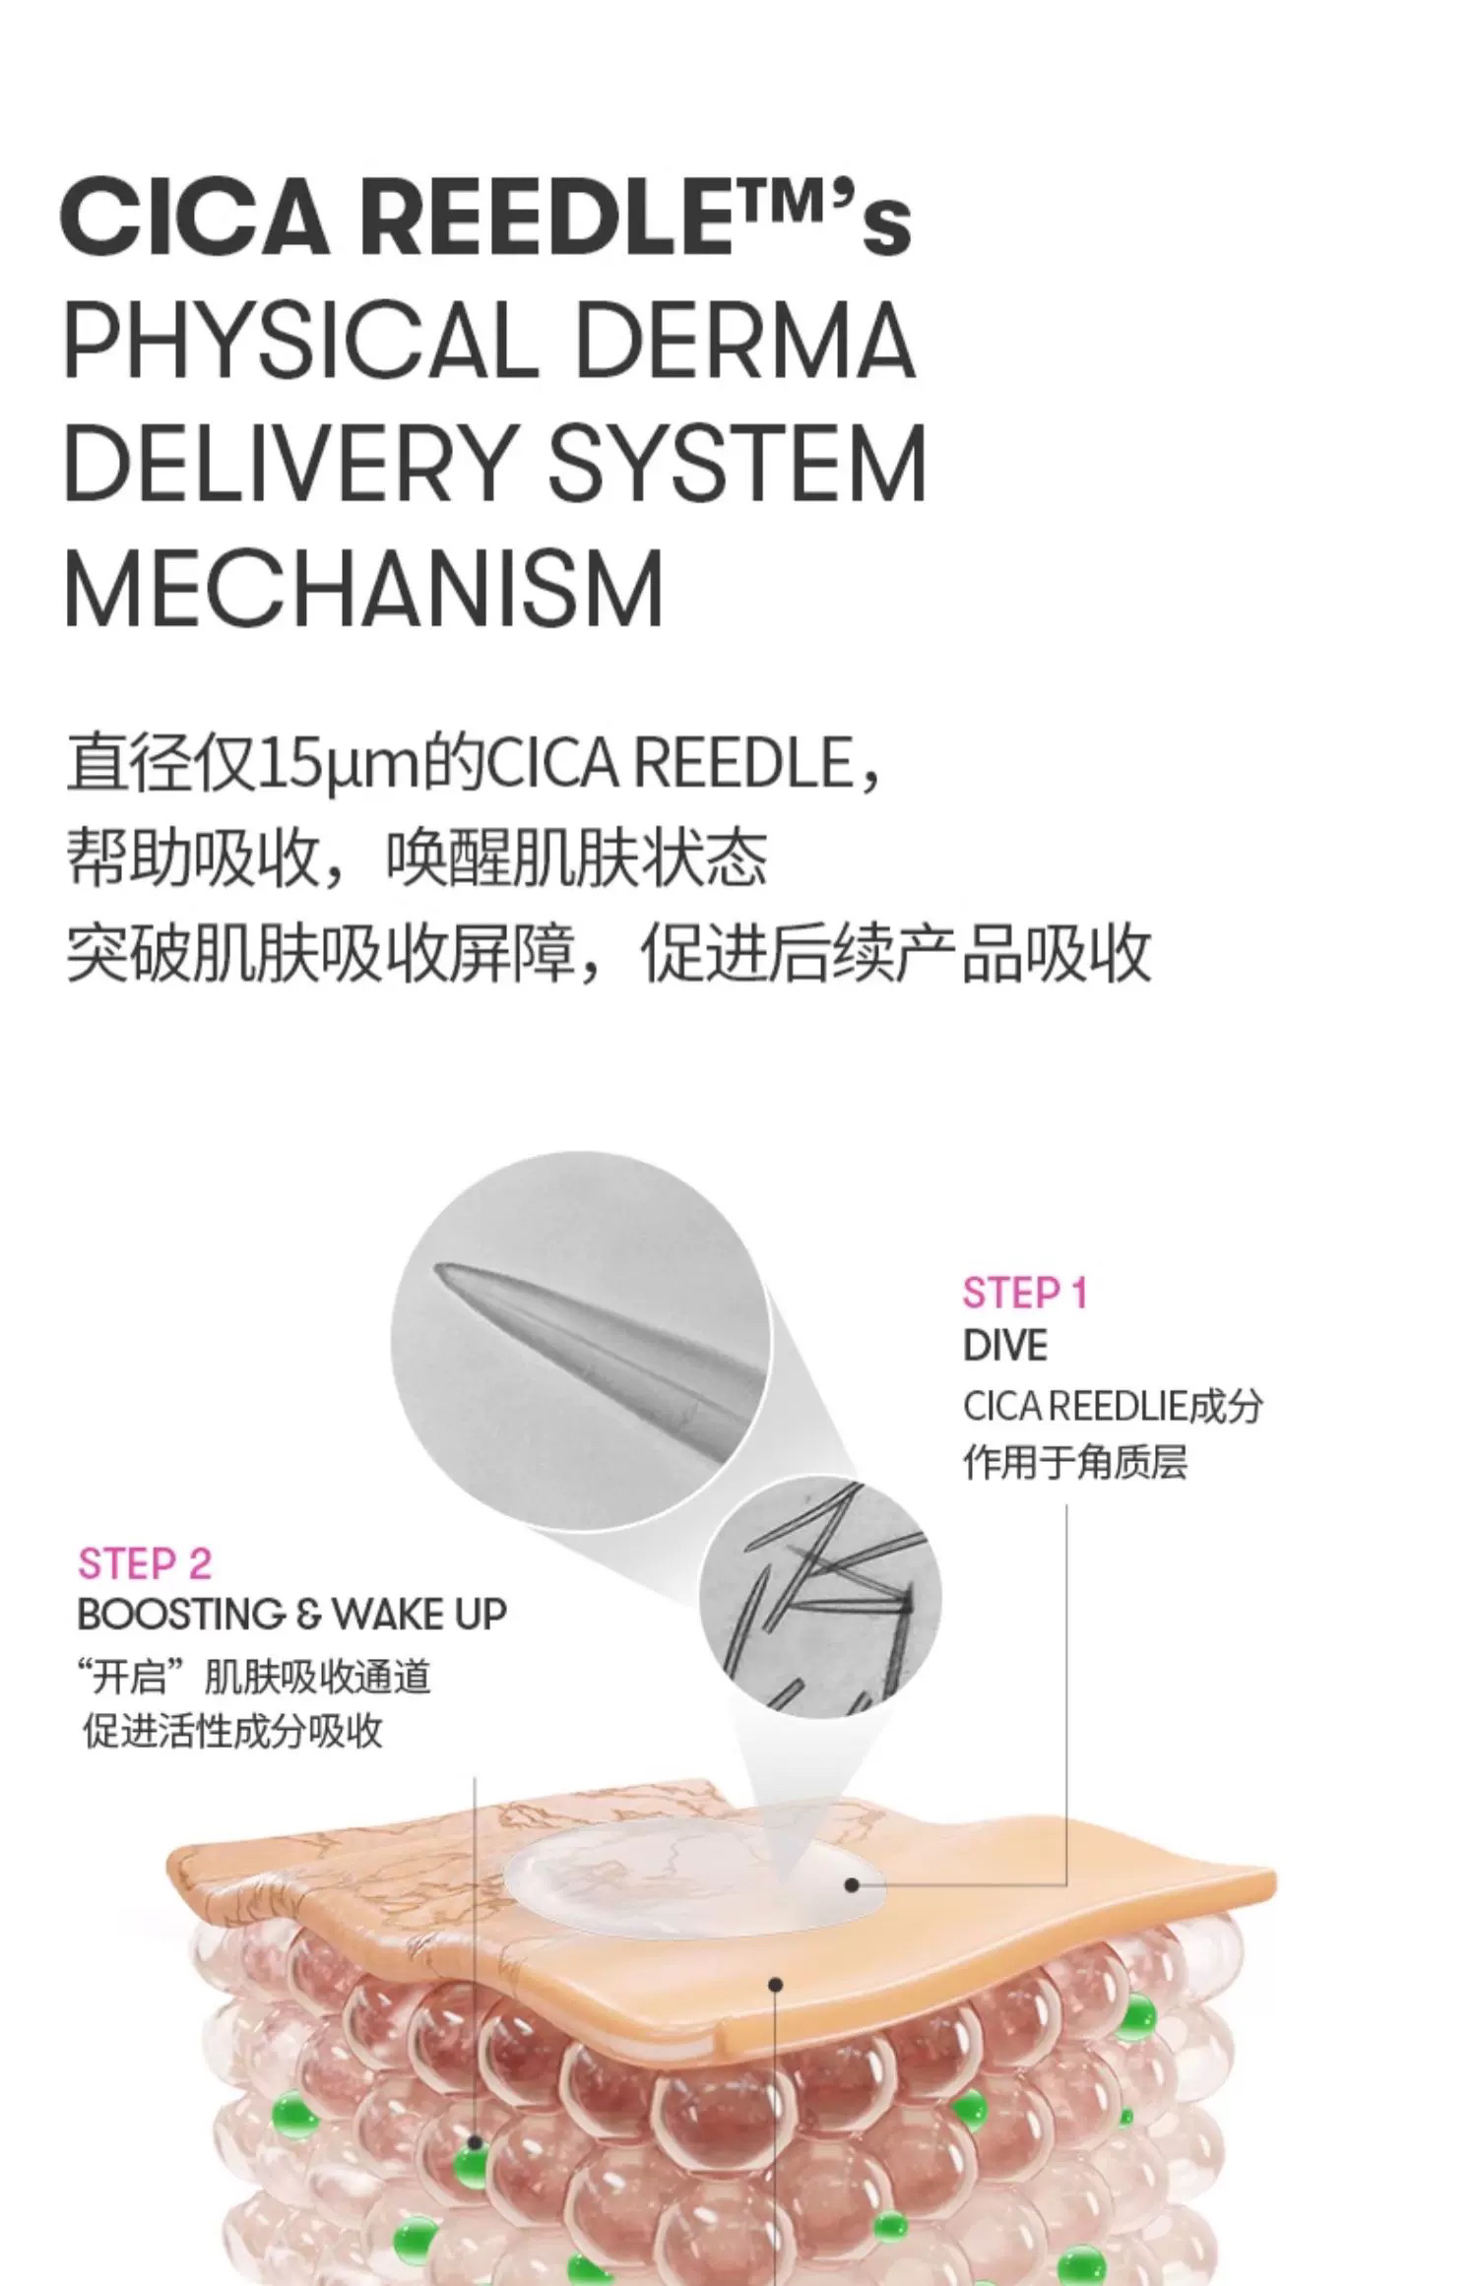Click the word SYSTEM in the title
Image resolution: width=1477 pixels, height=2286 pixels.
pyautogui.click(x=737, y=463)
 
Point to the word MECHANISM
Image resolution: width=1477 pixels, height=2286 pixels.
pyautogui.click(x=363, y=588)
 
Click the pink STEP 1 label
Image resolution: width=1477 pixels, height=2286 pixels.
pyautogui.click(x=1025, y=1293)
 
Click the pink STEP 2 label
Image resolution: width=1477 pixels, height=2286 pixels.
pyautogui.click(x=145, y=1563)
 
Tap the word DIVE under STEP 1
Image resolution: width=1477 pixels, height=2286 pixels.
pyautogui.click(x=1004, y=1346)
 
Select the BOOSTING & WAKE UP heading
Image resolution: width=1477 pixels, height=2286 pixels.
pyautogui.click(x=291, y=1615)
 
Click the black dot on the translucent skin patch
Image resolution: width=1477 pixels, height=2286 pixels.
pyautogui.click(x=852, y=1884)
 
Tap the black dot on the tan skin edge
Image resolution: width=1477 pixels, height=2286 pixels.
pyautogui.click(x=776, y=1985)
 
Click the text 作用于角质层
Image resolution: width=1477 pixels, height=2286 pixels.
pyautogui.click(x=1074, y=1462)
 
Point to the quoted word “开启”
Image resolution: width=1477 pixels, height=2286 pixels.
pyautogui.click(x=133, y=1677)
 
